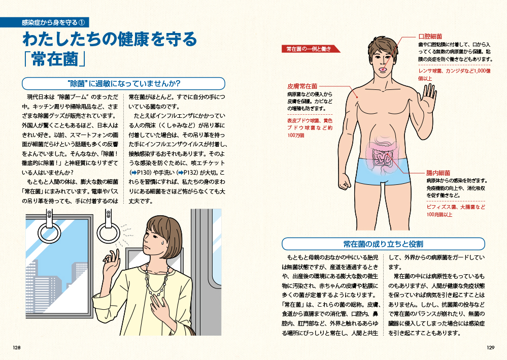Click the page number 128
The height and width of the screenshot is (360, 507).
[x=16, y=348]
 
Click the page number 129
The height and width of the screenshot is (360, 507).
[x=491, y=348]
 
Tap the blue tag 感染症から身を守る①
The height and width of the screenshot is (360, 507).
[x=53, y=22]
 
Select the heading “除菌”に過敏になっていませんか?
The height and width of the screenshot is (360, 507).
[x=123, y=83]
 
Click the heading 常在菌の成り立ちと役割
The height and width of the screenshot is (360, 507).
[x=383, y=244]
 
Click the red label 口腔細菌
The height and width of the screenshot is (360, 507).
[x=430, y=37]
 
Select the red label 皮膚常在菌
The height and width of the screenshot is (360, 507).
[x=302, y=86]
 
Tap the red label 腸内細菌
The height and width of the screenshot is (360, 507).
[x=438, y=173]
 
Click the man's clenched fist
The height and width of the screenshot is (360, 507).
[x=344, y=183]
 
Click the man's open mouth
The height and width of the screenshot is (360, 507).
[x=383, y=69]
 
